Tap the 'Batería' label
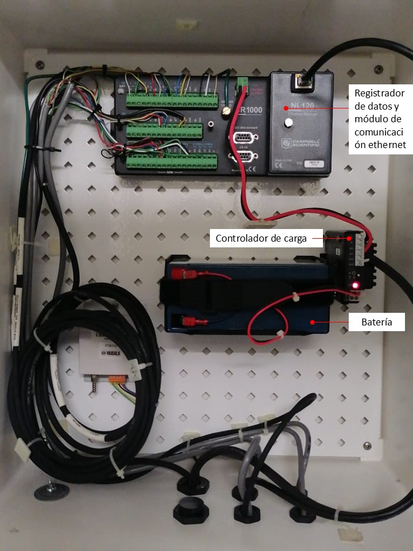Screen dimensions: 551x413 click(377, 322)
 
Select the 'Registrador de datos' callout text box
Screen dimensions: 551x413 click(380, 119)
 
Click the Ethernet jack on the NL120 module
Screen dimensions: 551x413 click(301, 82)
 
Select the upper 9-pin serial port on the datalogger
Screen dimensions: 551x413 click(243, 138)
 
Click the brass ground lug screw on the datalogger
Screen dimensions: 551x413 click(225, 108)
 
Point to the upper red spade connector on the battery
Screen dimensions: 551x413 click(186, 274)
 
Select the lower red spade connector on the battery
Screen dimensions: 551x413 click(188, 321)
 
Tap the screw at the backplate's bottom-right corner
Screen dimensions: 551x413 click(367, 445)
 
